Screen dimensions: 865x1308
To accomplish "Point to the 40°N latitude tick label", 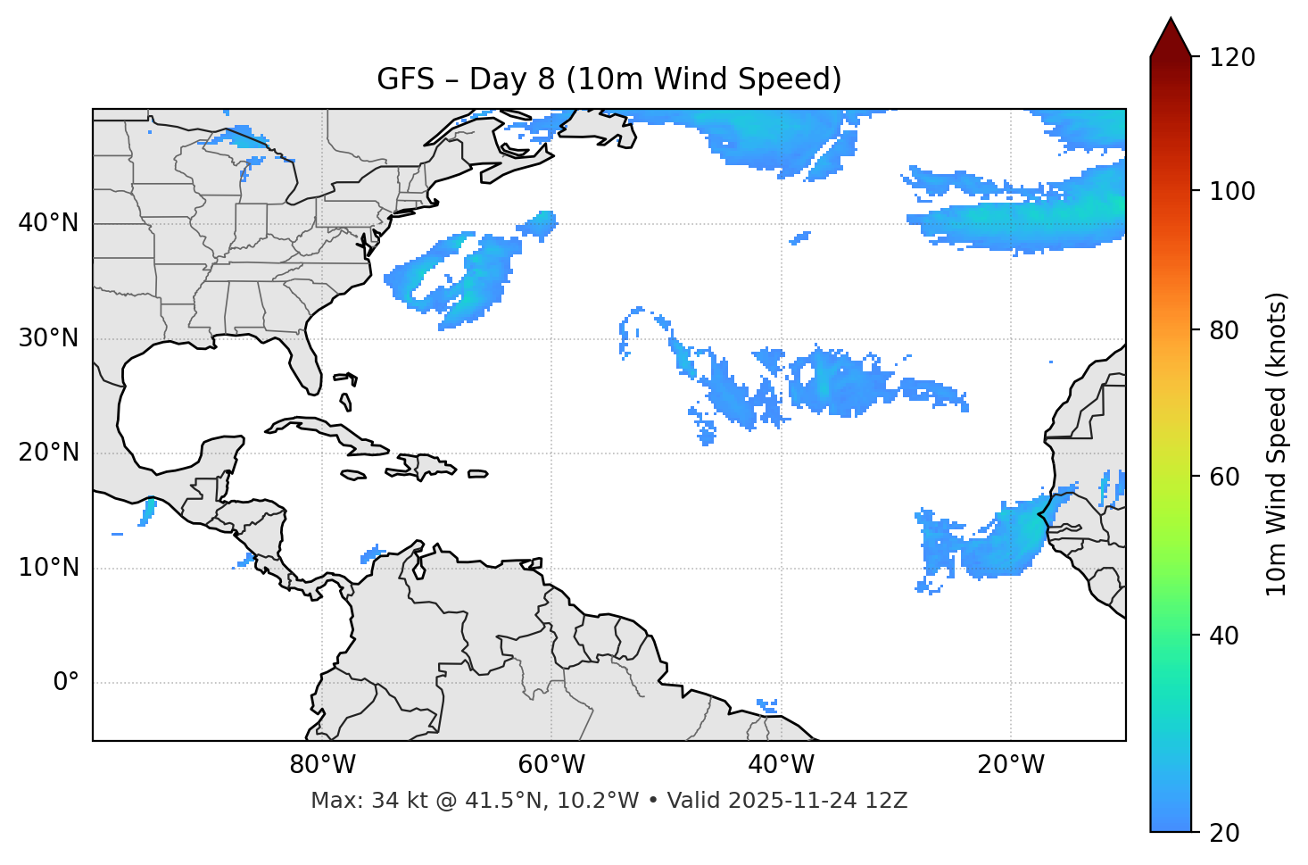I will (x=48, y=223).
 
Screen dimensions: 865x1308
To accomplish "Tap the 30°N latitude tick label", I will (x=48, y=338).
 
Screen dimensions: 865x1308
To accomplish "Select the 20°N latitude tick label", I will (x=48, y=453).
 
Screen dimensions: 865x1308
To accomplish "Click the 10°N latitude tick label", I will (x=48, y=568).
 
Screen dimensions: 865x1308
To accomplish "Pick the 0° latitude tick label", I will (x=66, y=683).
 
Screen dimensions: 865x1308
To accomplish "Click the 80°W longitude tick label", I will (x=322, y=765).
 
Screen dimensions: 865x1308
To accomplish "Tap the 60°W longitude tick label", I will (x=551, y=765).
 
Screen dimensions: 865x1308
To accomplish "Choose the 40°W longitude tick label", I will (x=781, y=765).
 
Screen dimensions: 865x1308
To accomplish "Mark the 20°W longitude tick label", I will (x=1010, y=765).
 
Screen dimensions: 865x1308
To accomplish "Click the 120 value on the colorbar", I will (x=1232, y=58).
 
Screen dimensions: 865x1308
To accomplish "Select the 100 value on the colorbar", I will (x=1232, y=191).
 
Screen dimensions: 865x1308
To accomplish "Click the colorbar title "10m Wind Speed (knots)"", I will (x=1277, y=444).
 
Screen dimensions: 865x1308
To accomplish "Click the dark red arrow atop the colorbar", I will (x=1170, y=38).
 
